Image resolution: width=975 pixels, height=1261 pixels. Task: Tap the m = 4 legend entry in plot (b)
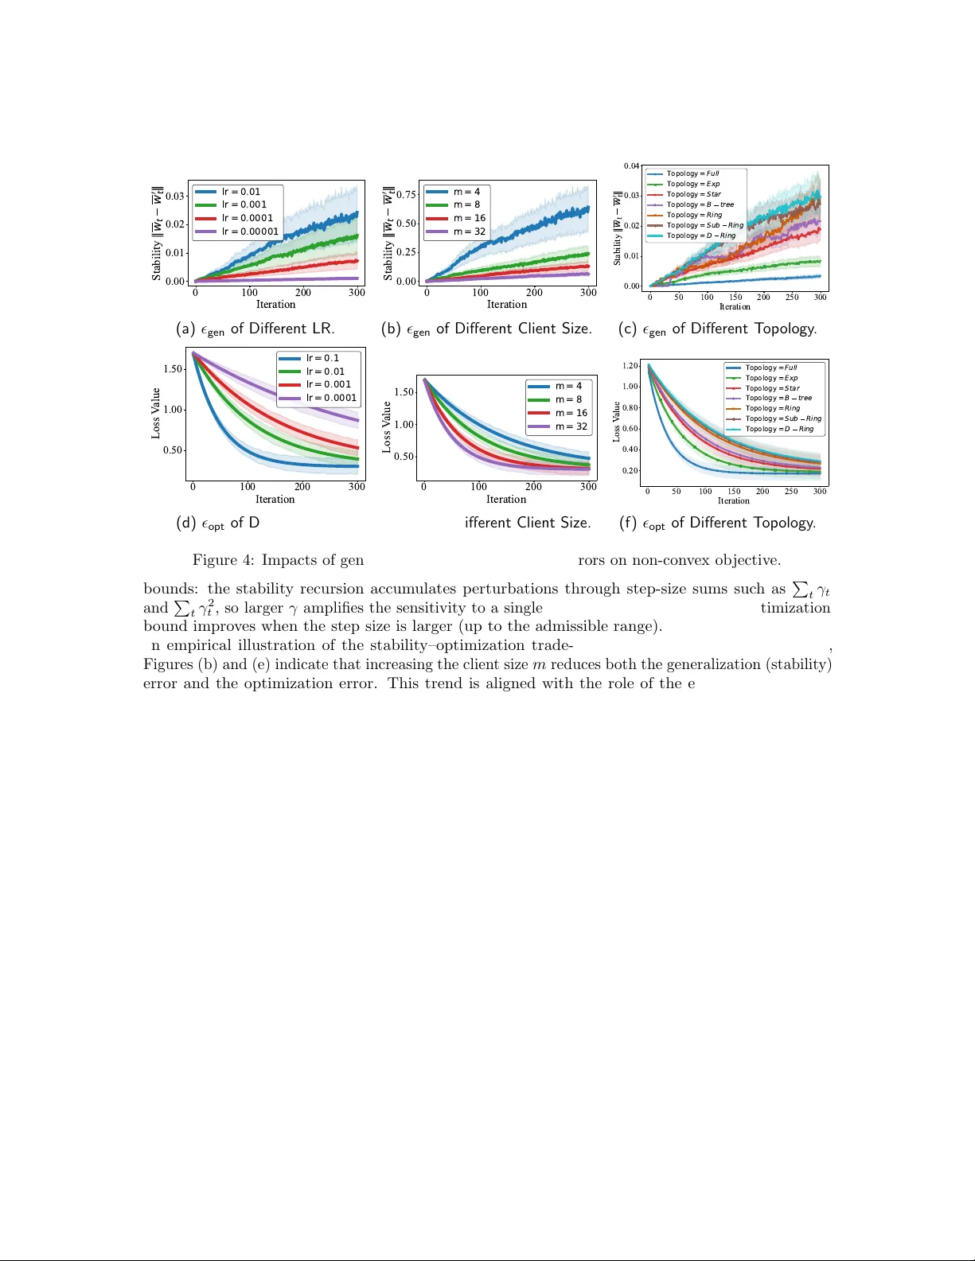[466, 192]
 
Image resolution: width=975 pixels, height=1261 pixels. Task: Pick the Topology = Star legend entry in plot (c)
[693, 194]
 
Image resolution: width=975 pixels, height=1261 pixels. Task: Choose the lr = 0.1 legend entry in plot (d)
[322, 358]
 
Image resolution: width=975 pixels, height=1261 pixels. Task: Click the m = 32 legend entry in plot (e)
[571, 426]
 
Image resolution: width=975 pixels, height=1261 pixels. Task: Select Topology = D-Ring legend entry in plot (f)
[778, 429]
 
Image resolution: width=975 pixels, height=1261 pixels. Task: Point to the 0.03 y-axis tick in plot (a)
[175, 196]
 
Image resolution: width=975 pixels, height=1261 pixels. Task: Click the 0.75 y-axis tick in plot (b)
[406, 194]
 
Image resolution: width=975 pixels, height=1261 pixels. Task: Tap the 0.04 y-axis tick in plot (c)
[631, 166]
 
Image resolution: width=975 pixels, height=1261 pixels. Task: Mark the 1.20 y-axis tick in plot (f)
[630, 366]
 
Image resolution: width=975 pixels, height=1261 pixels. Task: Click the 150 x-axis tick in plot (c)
[735, 298]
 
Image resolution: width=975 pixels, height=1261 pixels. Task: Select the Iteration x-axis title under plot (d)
[275, 500]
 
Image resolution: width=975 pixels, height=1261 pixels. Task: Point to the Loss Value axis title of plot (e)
[387, 427]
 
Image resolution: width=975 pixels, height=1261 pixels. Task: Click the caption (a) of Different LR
[255, 329]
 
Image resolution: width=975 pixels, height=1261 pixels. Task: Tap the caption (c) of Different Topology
[717, 329]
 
